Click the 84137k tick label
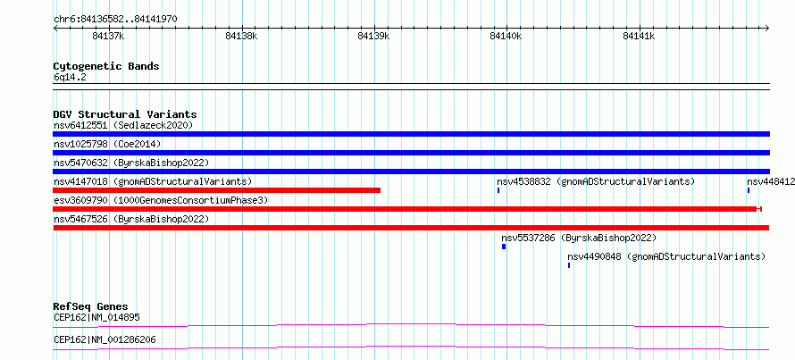109,36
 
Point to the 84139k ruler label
374,36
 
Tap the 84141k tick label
639,36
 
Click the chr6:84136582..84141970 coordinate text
115,20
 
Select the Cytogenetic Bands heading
106,66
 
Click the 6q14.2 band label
70,77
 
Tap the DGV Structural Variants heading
125,114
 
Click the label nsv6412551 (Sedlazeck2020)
123,125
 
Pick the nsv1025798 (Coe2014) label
107,144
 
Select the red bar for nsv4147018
217,190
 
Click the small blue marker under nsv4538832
498,190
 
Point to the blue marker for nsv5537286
504,247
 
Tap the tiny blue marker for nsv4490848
569,265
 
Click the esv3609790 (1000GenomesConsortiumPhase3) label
161,200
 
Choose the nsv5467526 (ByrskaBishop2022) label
131,219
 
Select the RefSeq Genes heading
91,306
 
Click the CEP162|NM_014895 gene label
96,318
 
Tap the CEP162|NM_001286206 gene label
105,339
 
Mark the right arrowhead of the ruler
767,28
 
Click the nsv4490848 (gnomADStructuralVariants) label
666,256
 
